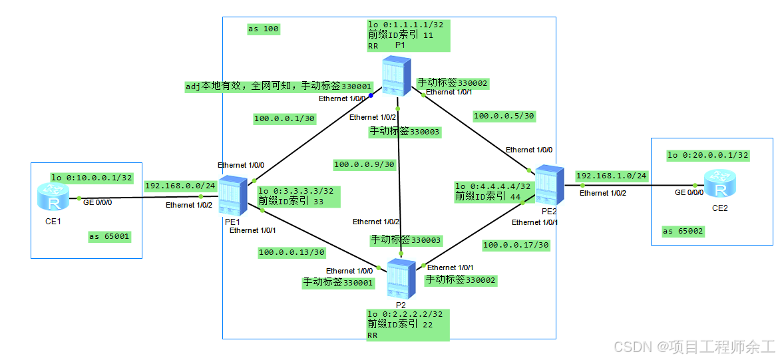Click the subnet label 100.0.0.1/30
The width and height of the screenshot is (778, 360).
point(284,119)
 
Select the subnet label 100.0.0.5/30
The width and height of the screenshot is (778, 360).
point(504,116)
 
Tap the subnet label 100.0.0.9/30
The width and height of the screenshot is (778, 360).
point(364,164)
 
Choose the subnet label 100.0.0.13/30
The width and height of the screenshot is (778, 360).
point(292,252)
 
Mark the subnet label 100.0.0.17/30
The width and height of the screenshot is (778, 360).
point(516,245)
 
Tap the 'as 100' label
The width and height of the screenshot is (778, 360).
point(263,29)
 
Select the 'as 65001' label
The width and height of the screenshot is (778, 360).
point(109,236)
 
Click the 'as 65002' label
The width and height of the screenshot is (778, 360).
point(683,231)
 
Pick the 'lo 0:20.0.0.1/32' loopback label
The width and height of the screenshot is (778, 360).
point(707,155)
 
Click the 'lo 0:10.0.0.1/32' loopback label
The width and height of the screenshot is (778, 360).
point(92,178)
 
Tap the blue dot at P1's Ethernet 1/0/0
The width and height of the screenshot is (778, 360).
point(371,95)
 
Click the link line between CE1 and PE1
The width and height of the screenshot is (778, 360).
point(140,198)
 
